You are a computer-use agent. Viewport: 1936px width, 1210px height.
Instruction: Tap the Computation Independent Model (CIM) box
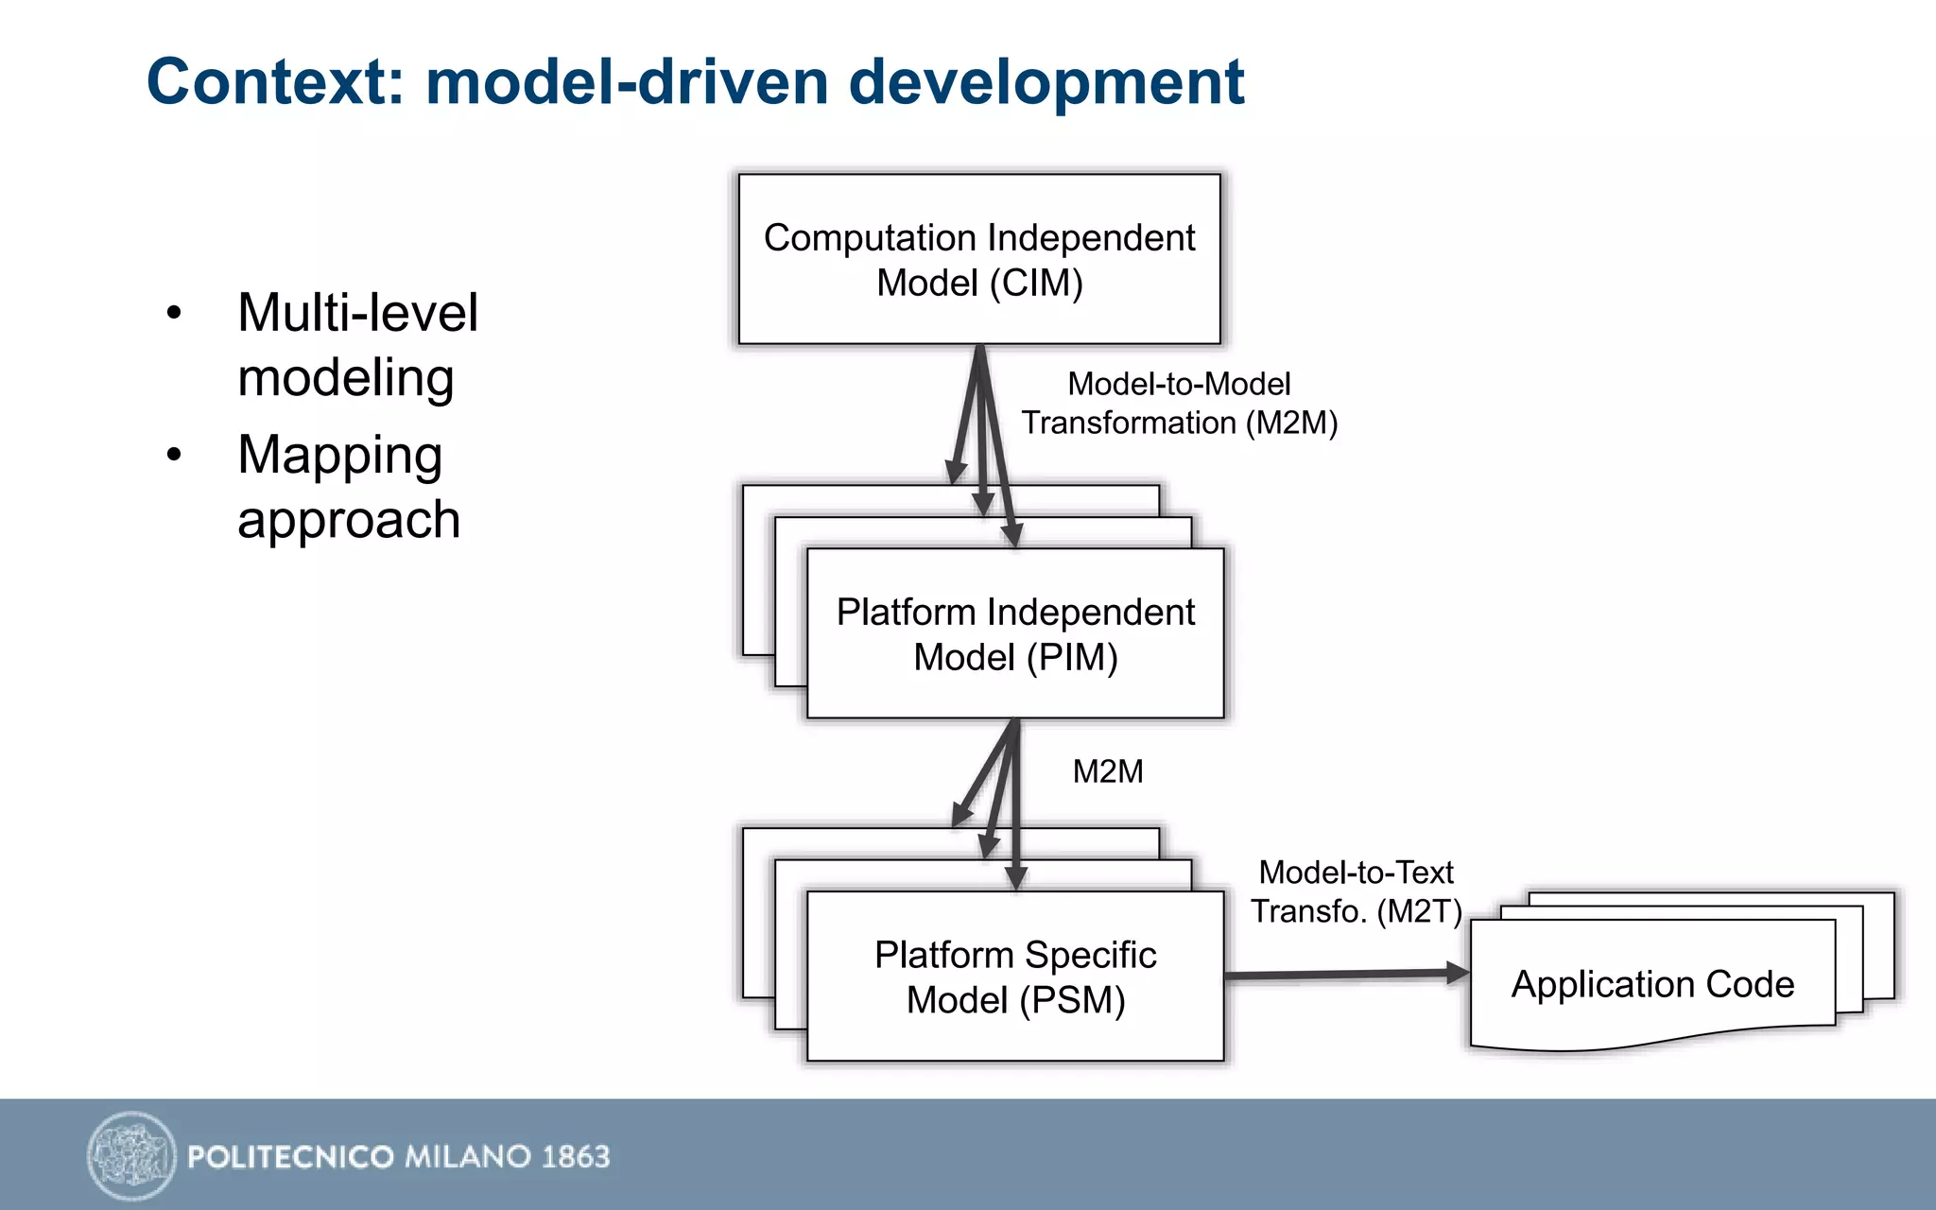979,259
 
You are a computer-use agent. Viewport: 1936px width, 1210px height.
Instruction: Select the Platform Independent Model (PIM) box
1015,633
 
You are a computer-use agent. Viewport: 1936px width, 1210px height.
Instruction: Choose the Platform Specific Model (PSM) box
1015,977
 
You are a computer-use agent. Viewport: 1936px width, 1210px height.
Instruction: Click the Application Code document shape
1652,984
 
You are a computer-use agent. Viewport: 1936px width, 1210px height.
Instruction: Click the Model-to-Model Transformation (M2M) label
1179,404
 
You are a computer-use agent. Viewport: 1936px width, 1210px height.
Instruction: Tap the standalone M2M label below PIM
1108,772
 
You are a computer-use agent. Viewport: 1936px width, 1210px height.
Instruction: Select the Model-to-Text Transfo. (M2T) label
1356,891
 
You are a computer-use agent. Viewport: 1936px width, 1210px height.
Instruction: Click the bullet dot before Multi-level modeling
173,313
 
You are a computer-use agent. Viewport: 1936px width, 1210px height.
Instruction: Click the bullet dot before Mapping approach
173,455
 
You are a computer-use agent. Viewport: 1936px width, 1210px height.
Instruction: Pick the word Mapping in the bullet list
339,457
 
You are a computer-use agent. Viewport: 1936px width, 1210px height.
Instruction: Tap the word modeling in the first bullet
346,378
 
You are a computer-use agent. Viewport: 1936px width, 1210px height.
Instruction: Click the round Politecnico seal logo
131,1155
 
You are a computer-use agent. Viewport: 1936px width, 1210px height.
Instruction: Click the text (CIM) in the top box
1036,284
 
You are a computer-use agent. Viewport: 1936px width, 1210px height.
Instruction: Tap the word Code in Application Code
1750,985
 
